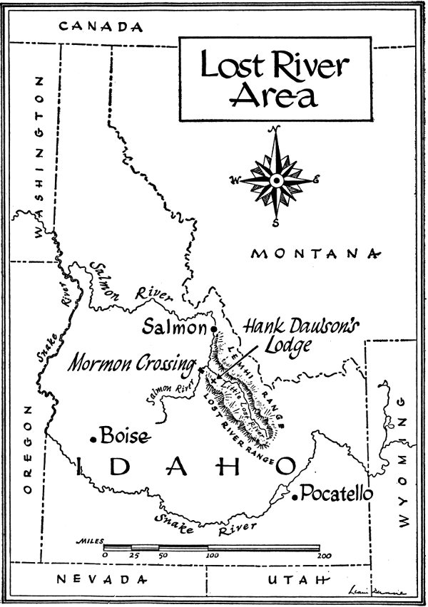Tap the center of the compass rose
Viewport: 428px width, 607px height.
[x=276, y=180]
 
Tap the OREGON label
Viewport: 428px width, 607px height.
[x=29, y=449]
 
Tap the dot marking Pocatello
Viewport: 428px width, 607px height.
[x=295, y=497]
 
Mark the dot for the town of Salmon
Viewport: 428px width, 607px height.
[x=213, y=328]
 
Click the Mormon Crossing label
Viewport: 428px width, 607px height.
[x=132, y=364]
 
